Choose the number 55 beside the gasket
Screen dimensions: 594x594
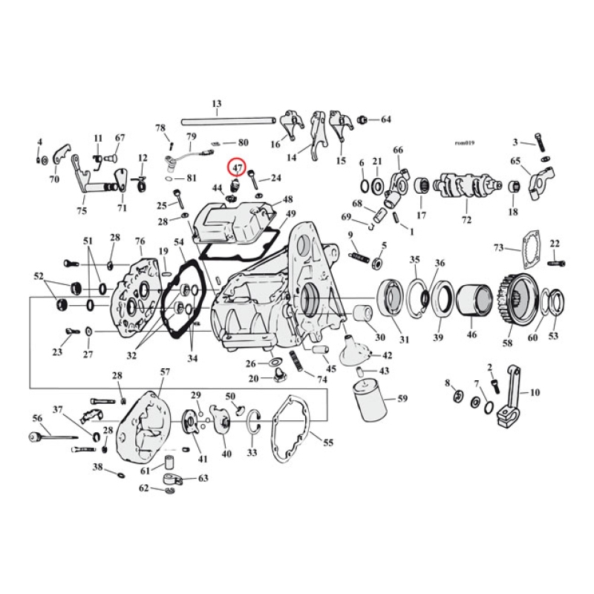327,443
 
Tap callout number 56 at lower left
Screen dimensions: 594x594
37,418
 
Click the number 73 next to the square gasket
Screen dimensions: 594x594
499,247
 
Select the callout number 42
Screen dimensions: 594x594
387,356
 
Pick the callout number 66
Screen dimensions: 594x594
398,150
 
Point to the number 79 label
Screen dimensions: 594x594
191,137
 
